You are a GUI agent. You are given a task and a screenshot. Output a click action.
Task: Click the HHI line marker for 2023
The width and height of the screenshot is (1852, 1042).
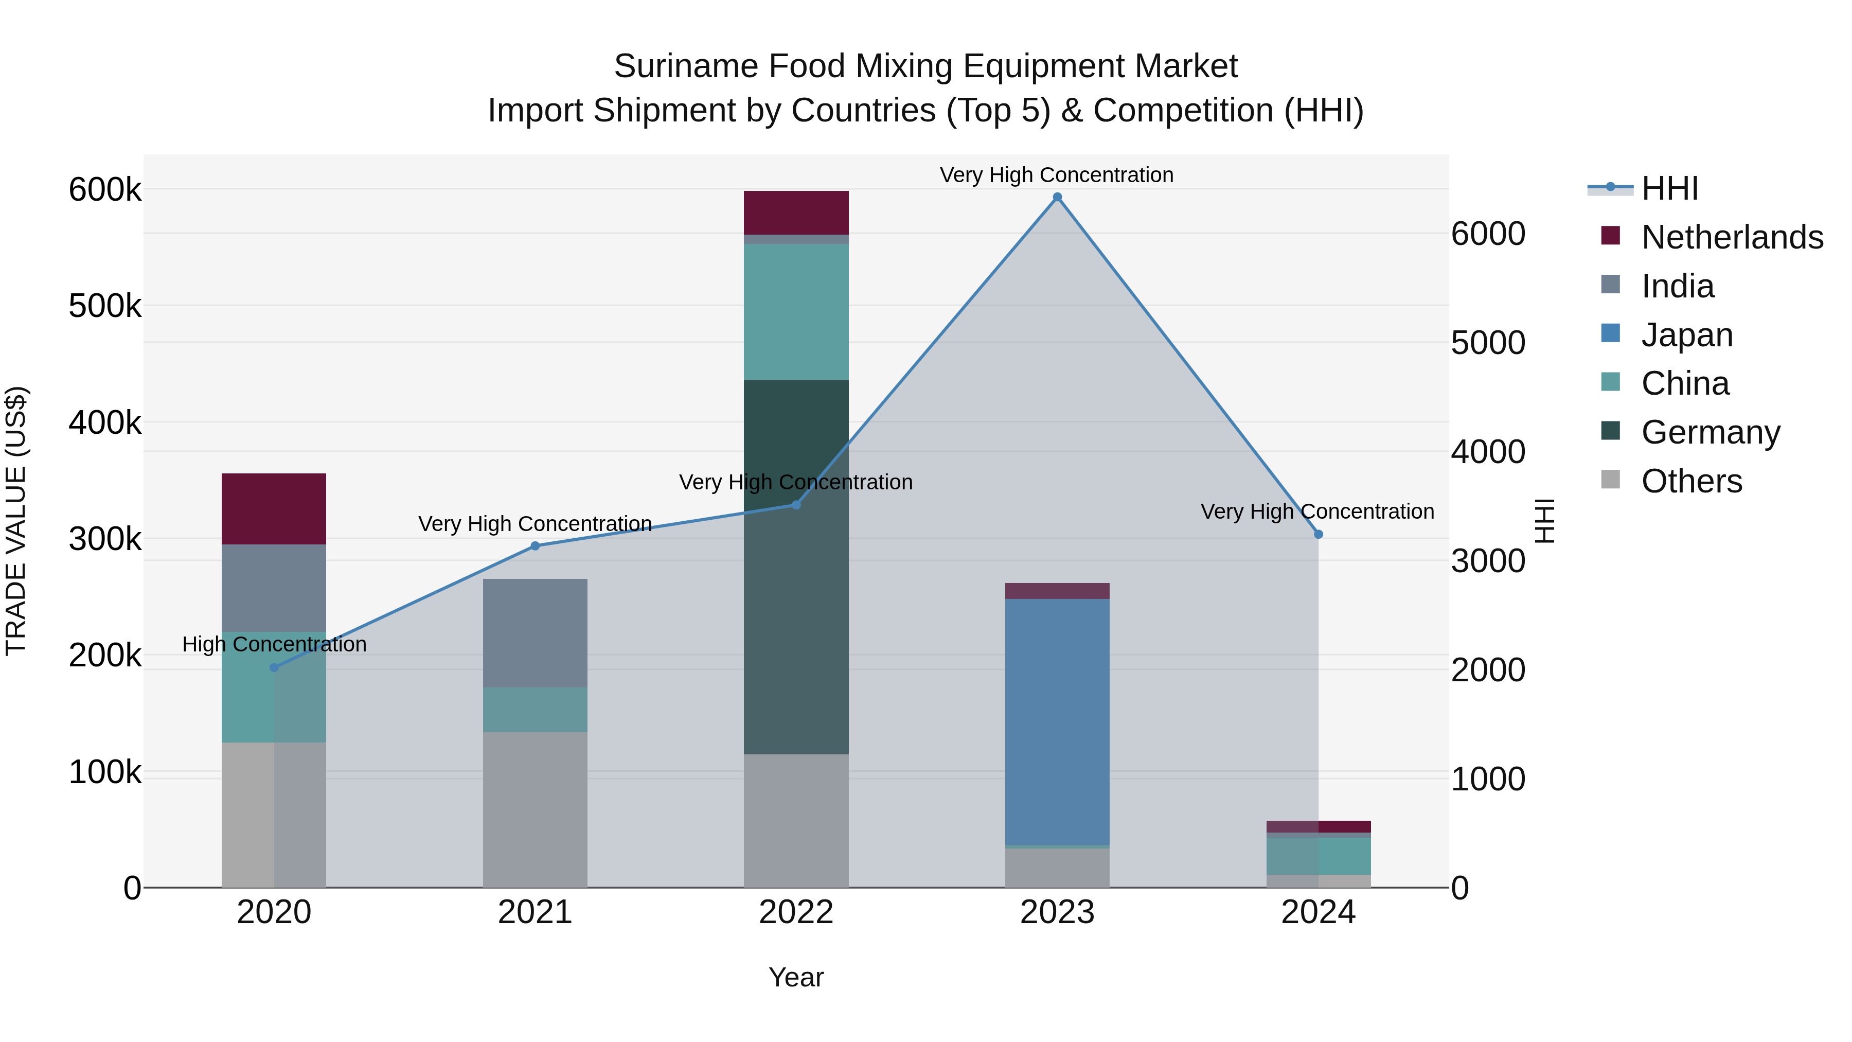click(1057, 197)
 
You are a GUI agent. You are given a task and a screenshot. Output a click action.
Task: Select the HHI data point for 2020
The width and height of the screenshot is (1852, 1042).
click(274, 667)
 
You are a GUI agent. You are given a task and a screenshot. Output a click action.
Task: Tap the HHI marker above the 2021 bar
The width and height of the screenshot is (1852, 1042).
click(535, 546)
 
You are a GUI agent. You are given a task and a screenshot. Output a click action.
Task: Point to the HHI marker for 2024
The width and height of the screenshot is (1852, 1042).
click(1318, 534)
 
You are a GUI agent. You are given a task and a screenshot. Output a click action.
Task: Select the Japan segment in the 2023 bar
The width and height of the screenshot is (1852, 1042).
click(1057, 721)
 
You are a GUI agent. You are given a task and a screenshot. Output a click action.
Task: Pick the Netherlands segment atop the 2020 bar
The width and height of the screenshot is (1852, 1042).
click(274, 508)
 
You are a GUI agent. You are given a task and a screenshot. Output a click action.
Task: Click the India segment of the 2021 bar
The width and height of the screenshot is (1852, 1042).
click(535, 633)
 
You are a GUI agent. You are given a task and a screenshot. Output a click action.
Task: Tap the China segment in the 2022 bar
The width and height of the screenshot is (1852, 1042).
click(796, 311)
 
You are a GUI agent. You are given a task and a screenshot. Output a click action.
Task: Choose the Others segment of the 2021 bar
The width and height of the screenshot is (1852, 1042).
click(535, 809)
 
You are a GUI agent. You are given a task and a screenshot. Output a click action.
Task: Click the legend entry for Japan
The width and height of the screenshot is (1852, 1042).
click(1687, 335)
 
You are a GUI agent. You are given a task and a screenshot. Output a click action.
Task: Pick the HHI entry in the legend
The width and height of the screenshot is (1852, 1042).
click(1669, 188)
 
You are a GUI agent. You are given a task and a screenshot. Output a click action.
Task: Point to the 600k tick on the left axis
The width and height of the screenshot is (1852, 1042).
click(105, 190)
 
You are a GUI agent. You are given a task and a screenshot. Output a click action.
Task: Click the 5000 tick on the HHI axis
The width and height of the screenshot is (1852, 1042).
click(1487, 343)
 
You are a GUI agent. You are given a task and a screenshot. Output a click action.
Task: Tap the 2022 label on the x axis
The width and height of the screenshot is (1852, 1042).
click(796, 912)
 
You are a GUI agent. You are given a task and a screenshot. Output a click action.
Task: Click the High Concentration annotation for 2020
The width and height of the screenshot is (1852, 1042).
click(274, 644)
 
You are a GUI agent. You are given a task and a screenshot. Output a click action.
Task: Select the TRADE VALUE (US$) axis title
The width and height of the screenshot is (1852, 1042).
click(16, 521)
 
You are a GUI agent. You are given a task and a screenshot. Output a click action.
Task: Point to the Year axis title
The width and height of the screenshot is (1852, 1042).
click(796, 977)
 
